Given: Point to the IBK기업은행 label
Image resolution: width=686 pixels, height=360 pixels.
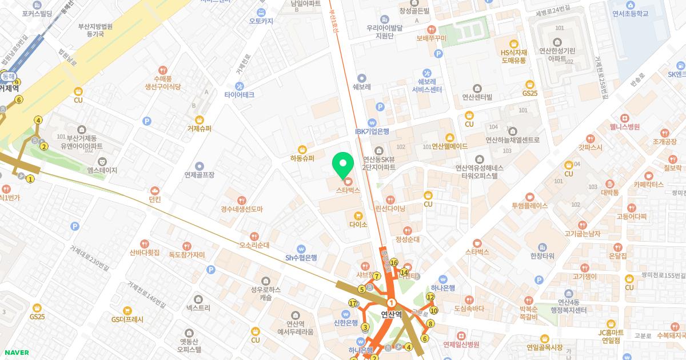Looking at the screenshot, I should point(372,131).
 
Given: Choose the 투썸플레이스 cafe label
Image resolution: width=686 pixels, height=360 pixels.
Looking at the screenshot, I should point(529,205).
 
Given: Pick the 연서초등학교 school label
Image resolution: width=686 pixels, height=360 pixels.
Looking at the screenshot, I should point(630,13).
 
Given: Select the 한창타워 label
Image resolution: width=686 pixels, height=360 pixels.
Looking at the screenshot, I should point(543,255).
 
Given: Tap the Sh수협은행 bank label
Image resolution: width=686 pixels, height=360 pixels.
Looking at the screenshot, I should point(301,257).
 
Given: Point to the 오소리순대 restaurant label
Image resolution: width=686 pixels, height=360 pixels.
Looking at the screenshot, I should point(254,245).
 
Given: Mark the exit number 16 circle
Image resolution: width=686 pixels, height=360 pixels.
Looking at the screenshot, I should point(394,263).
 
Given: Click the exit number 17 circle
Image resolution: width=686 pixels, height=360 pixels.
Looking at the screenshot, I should point(353,303).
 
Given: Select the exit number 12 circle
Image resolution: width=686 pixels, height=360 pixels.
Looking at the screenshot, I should point(430,297).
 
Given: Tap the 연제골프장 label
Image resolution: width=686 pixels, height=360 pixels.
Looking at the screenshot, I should point(199,174).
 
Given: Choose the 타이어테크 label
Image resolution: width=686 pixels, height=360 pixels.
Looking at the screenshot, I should point(240,94).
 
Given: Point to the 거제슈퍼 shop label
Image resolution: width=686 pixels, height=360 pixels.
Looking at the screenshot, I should point(199,129).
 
